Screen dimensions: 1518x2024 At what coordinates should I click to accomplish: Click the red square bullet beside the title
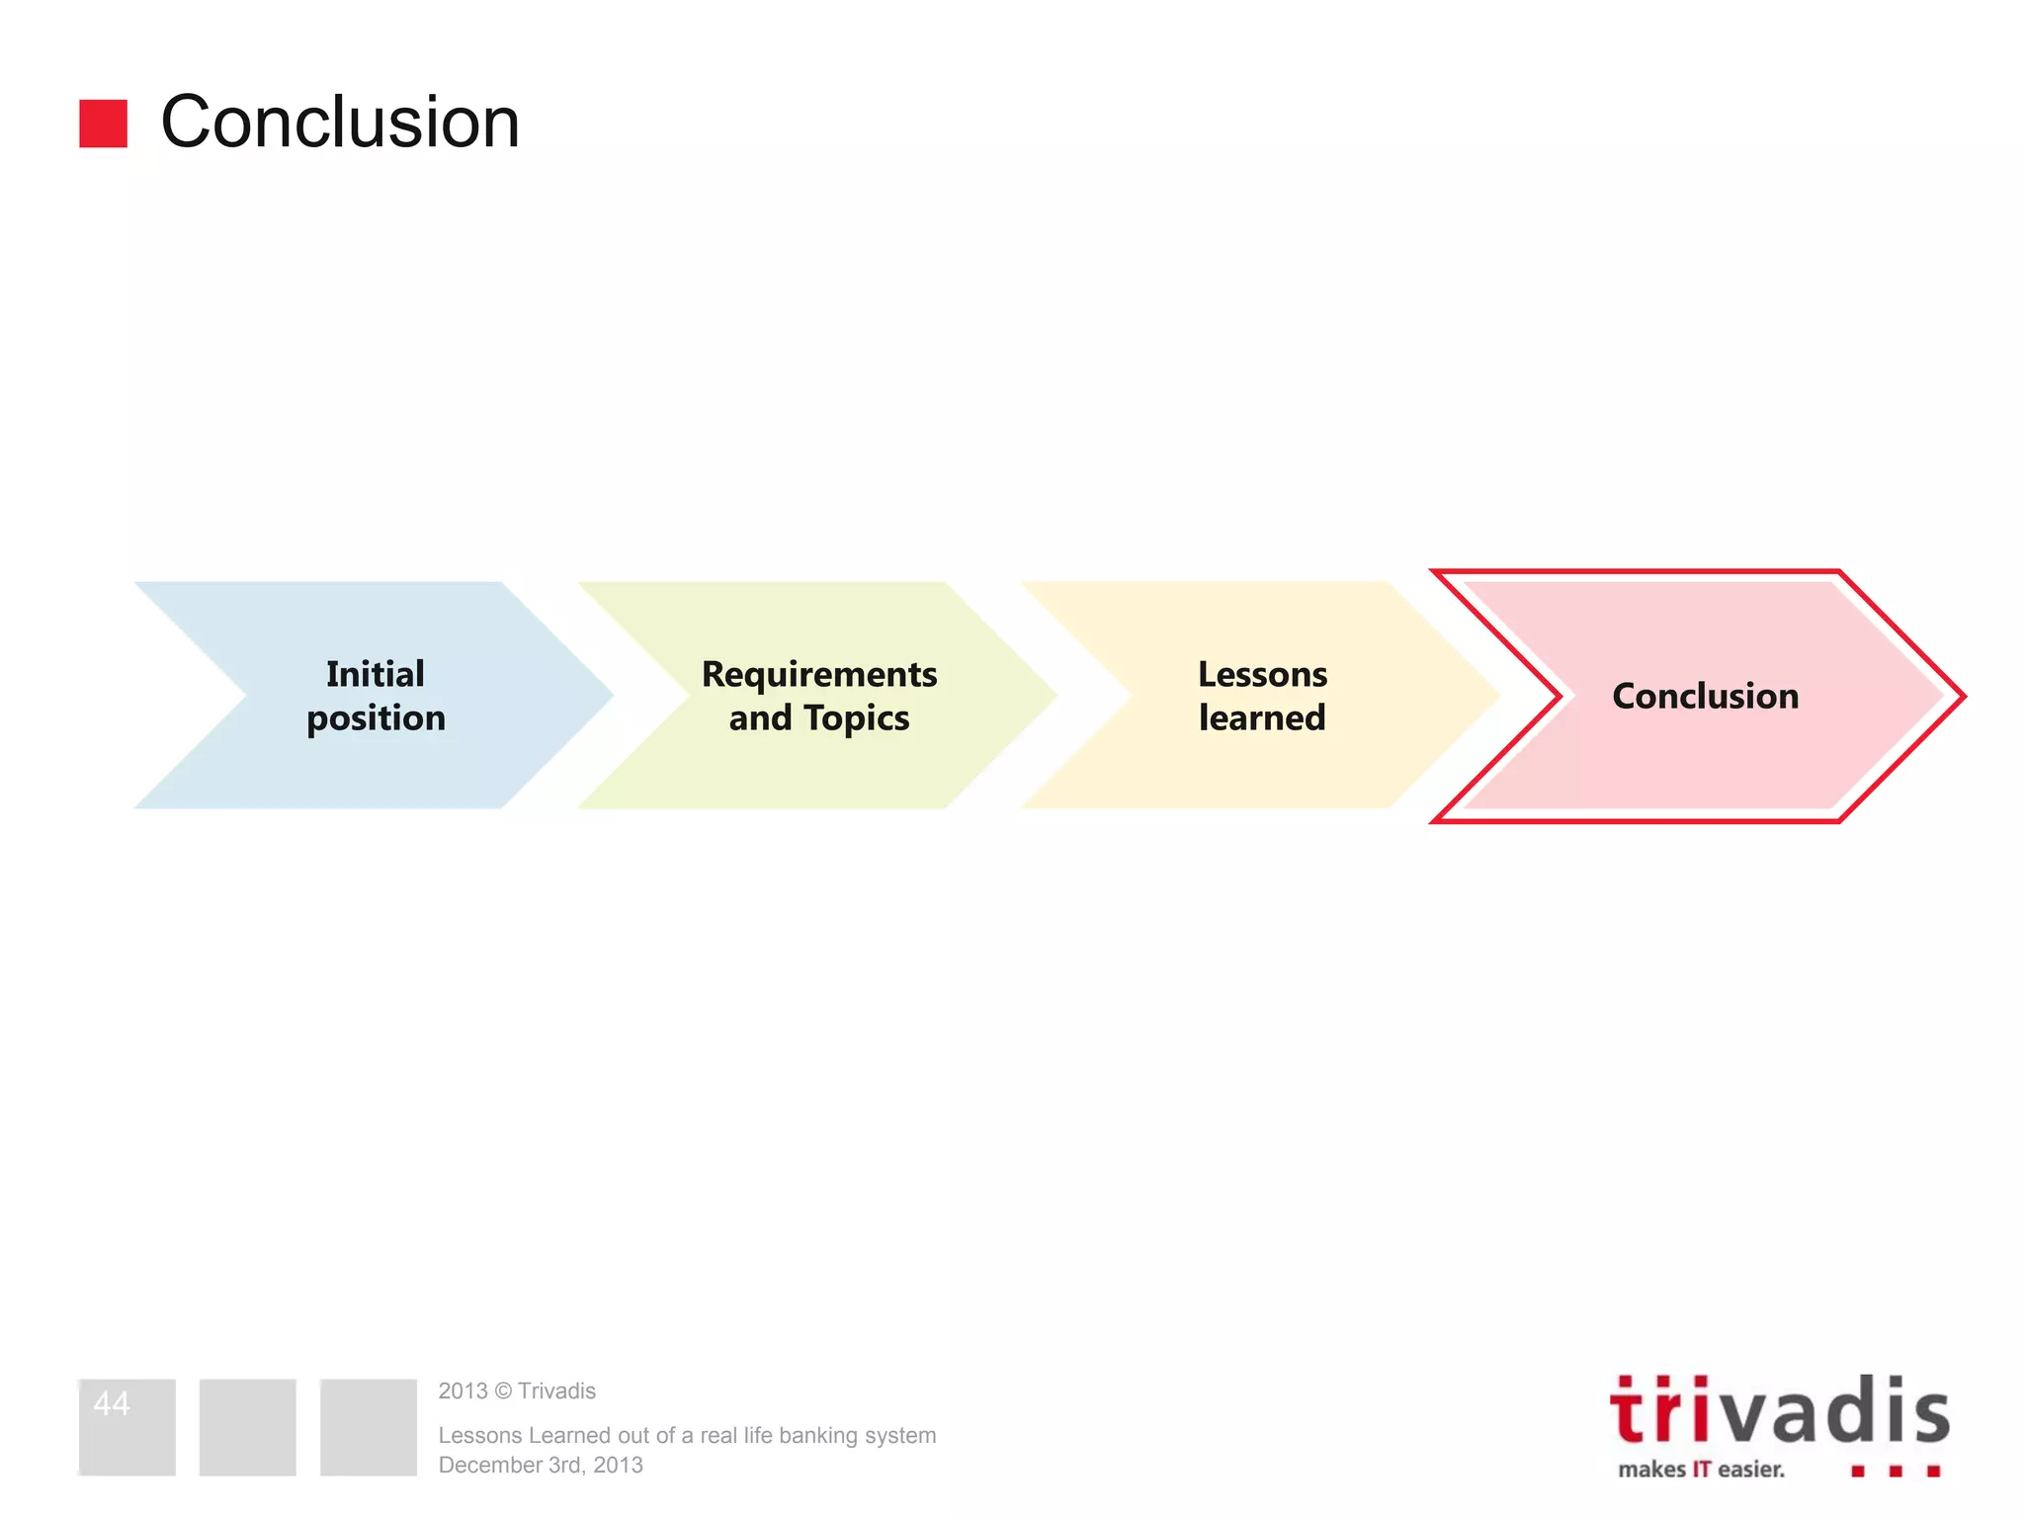coord(103,124)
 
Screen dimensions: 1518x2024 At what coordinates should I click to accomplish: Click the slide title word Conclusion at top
coord(340,123)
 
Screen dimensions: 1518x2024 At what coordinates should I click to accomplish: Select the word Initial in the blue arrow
coord(376,674)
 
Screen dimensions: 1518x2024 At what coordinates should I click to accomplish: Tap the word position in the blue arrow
coord(376,718)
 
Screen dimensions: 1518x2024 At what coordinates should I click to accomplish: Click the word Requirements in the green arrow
coord(819,674)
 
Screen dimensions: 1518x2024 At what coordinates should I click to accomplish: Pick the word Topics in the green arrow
coord(857,718)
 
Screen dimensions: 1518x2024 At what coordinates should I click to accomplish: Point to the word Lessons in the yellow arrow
coord(1262,674)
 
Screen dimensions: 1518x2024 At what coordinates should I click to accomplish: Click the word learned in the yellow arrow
coord(1262,718)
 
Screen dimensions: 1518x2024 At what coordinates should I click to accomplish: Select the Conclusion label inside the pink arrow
coord(1705,696)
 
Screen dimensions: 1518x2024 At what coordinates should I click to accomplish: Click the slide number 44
coord(112,1403)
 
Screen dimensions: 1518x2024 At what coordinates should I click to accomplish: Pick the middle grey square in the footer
coord(247,1427)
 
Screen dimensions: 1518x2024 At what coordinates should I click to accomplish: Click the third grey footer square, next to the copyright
coord(368,1427)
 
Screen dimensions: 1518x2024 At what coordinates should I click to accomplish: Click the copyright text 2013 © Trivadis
coord(517,1391)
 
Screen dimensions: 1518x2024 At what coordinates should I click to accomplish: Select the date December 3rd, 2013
coord(541,1465)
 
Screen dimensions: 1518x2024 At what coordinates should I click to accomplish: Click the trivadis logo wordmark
coord(1779,1411)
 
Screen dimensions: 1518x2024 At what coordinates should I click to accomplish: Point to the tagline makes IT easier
coord(1701,1470)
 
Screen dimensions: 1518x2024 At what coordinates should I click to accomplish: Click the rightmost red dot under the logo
coord(1933,1472)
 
